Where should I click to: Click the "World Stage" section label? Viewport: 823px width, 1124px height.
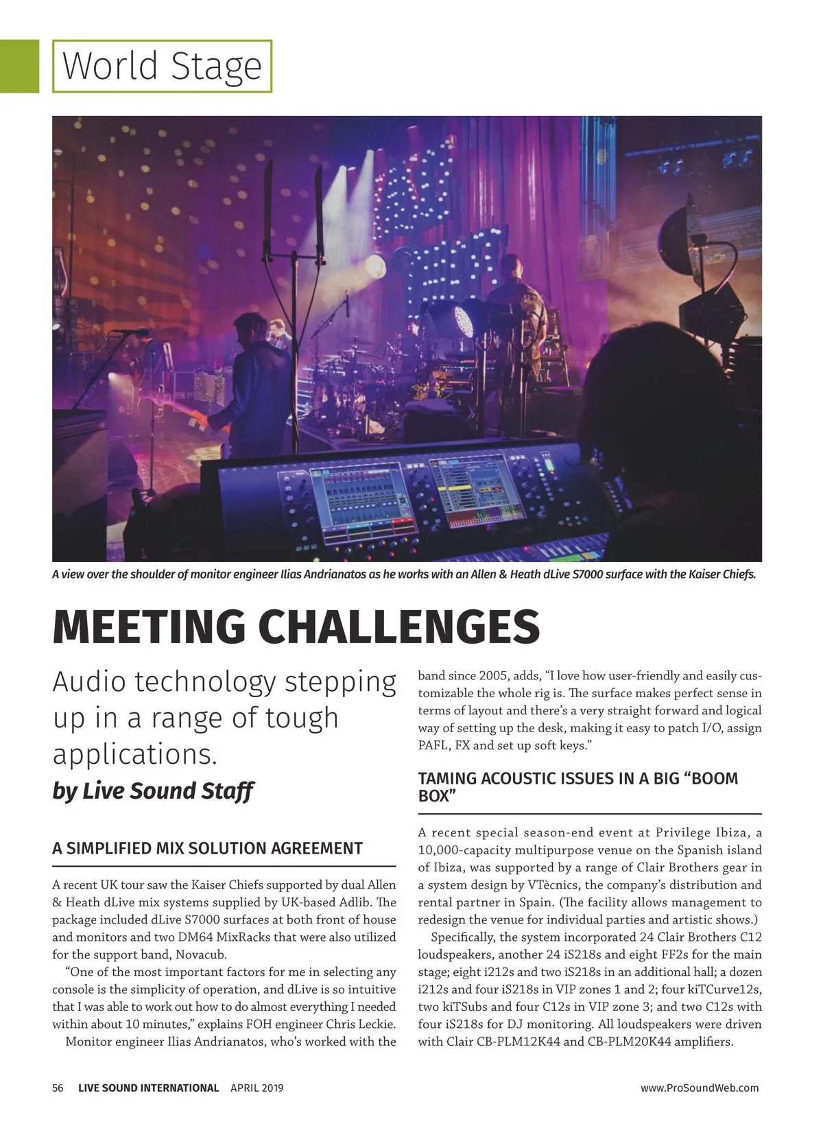pos(162,66)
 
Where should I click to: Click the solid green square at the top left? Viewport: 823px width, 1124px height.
pos(19,66)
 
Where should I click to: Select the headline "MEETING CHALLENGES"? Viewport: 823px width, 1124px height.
pos(296,626)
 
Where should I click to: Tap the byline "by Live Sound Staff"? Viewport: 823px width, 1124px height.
pos(153,791)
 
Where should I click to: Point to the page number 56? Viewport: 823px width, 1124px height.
pos(58,1088)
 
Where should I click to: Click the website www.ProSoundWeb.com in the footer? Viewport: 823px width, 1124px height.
pos(699,1088)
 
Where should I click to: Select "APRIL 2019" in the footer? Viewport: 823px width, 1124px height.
pos(257,1088)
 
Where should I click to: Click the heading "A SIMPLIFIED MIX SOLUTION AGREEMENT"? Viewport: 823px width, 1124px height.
pos(207,848)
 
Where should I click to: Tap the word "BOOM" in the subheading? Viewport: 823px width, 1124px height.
pos(711,778)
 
